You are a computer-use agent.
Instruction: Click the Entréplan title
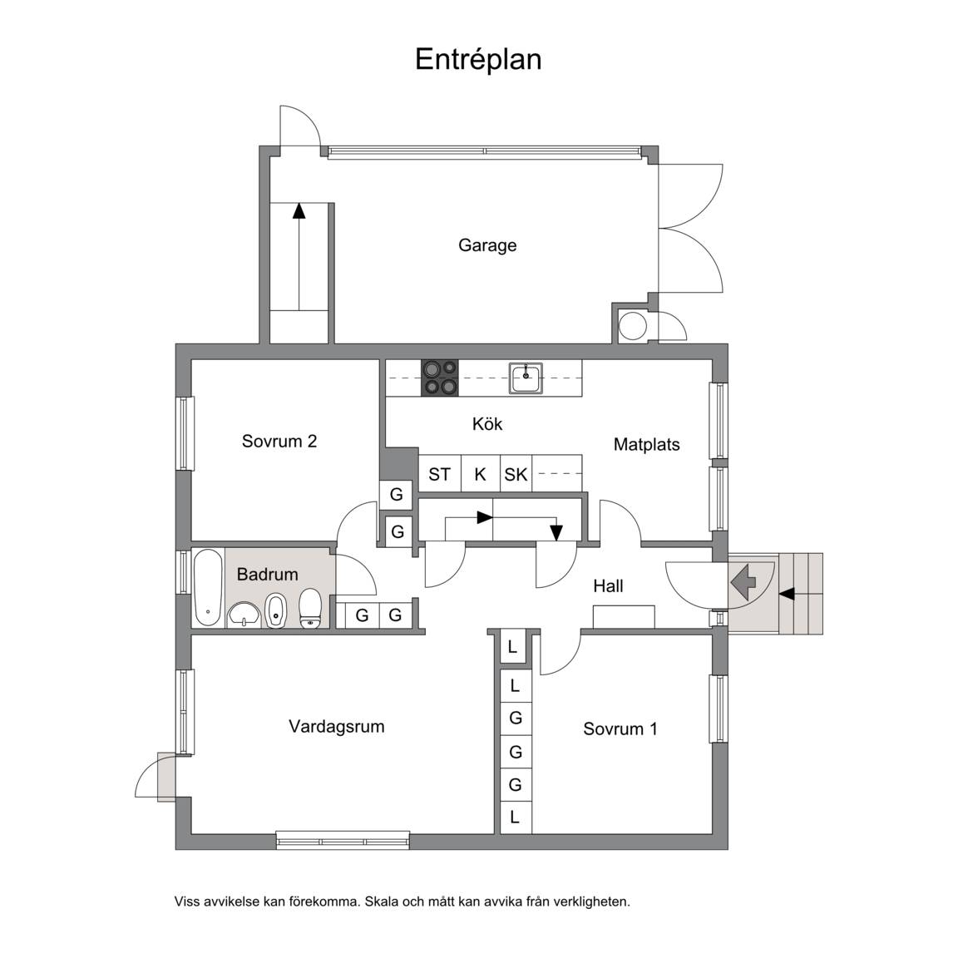(478, 60)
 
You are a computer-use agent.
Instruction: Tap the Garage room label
(487, 245)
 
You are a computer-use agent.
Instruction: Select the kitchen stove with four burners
(440, 378)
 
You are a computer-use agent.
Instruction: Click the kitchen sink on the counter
(526, 378)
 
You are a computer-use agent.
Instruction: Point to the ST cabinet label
(439, 474)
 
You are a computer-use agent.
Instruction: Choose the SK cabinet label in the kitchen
(516, 474)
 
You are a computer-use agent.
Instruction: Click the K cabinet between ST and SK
(480, 474)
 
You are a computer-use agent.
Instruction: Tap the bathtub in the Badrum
(209, 587)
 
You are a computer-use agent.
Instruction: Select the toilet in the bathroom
(310, 609)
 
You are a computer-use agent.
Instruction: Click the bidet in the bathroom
(275, 610)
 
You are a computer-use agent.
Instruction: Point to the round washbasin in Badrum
(244, 615)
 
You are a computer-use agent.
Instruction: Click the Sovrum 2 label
(279, 441)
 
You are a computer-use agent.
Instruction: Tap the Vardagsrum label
(337, 727)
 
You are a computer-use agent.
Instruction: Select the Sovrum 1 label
(620, 728)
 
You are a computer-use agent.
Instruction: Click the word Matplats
(646, 444)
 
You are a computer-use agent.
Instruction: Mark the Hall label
(608, 586)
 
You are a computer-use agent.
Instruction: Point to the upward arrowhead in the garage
(299, 210)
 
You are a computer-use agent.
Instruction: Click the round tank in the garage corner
(632, 326)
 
